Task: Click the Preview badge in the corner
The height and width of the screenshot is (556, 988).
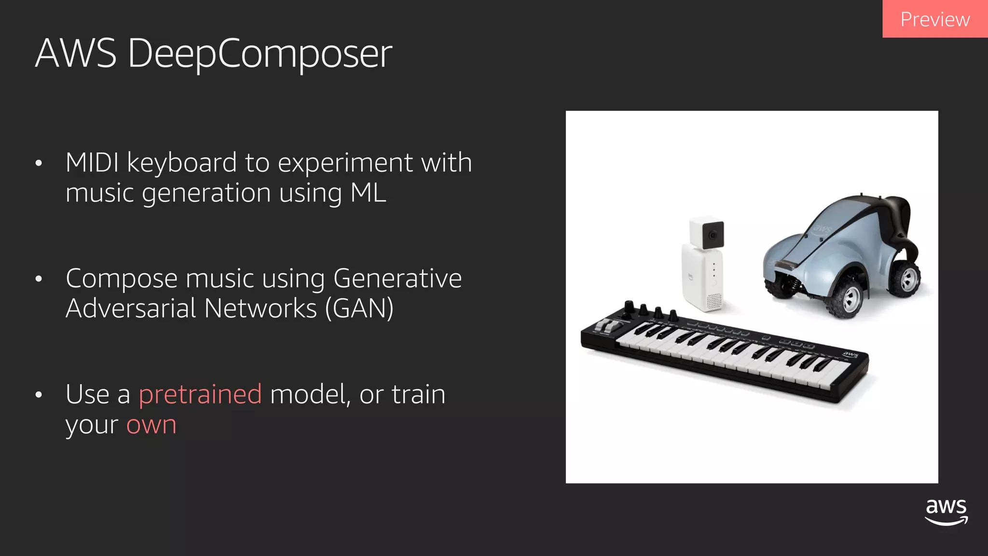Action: click(934, 19)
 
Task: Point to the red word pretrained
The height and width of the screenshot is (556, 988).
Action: click(200, 394)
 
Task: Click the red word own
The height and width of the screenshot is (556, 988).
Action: click(151, 425)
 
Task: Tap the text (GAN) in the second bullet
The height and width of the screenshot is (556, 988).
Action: click(359, 309)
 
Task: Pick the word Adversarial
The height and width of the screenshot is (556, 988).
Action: click(130, 309)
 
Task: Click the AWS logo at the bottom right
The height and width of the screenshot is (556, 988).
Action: click(946, 512)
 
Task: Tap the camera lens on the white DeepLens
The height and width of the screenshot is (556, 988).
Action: click(713, 236)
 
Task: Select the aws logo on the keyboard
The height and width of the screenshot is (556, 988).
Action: click(850, 355)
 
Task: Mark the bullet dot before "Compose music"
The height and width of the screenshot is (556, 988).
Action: click(39, 279)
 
